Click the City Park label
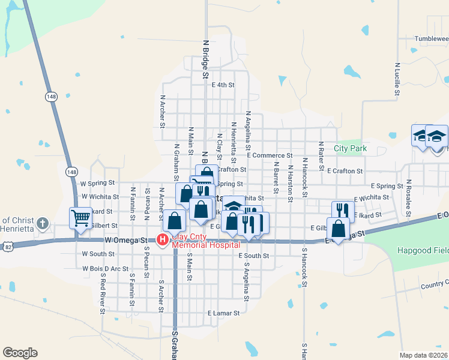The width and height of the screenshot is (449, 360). pos(350,148)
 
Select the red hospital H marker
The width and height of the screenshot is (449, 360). pos(162,240)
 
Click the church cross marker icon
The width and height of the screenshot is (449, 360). pos(42,224)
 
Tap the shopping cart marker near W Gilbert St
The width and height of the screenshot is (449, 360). pos(80,218)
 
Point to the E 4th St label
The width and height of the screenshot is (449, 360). pos(223,85)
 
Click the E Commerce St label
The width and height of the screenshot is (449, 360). pos(270,155)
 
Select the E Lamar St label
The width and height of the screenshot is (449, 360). pos(223,313)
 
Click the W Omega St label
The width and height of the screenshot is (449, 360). pos(125,240)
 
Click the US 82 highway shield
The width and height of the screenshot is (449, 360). pos(7,246)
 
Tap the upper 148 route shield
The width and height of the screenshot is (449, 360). pos(52,95)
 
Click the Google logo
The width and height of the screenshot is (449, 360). pos(20,353)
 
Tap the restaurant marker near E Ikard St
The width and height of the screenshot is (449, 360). pos(342,210)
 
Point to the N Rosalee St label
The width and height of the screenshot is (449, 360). pos(408,190)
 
